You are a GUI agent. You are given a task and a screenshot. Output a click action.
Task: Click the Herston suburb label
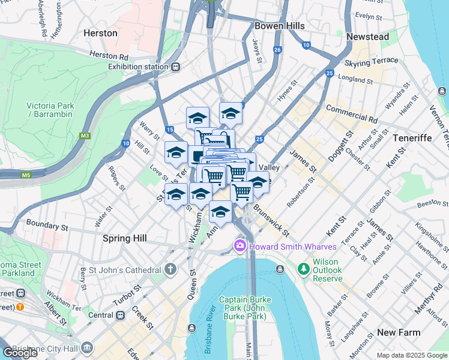tap(101, 33)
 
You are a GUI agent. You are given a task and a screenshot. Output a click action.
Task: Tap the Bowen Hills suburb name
tap(279, 26)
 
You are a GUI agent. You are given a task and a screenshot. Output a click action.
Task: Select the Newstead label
tap(367, 37)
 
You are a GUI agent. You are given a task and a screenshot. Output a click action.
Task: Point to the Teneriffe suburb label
tap(412, 138)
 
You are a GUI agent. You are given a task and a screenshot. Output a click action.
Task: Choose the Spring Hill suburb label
tap(125, 238)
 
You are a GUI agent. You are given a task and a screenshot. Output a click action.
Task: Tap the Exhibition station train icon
tap(176, 67)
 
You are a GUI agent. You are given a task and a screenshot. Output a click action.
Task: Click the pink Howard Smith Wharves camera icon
tap(240, 245)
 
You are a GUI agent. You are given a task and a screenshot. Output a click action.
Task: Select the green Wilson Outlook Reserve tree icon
tap(304, 266)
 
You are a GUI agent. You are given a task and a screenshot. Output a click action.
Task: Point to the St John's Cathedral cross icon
tap(171, 269)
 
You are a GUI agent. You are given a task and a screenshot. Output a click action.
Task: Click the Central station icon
tap(121, 314)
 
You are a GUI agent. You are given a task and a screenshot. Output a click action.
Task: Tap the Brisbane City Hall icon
tap(88, 347)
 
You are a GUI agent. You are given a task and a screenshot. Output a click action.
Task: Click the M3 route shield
tap(86, 136)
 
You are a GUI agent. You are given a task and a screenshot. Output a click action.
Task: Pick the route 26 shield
tap(277, 50)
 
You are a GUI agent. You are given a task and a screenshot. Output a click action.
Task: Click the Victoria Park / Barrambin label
tap(50, 110)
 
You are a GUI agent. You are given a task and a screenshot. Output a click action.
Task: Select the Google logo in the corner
tap(20, 353)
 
